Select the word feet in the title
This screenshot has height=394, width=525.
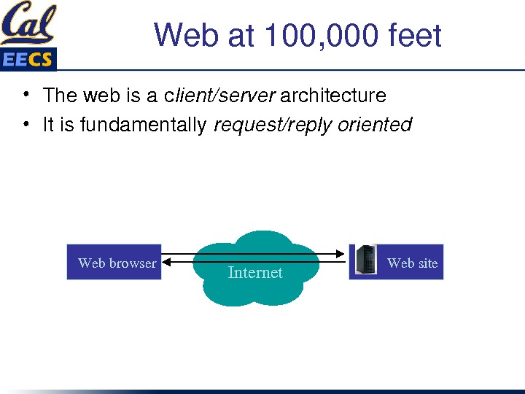pos(415,35)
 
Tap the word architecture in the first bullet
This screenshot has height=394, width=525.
pos(333,96)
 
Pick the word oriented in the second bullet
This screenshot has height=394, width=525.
pos(375,125)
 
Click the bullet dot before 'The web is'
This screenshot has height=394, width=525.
pos(26,95)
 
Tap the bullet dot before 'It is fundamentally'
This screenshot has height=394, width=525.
pos(26,124)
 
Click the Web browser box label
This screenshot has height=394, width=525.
pos(117,263)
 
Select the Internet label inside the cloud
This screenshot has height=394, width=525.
pos(255,272)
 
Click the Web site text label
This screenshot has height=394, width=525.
pos(412,263)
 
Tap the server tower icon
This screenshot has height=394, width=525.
pos(365,260)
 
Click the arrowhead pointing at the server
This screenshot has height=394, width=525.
pos(341,253)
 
